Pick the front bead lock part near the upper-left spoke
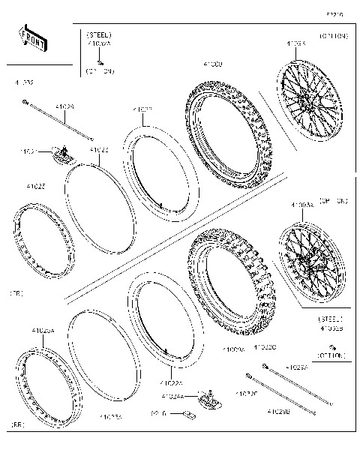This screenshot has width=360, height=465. (x=62, y=155)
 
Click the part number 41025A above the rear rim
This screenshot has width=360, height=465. (x=43, y=331)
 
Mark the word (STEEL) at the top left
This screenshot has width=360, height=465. (x=99, y=35)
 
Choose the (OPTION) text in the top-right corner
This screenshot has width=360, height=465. (x=332, y=36)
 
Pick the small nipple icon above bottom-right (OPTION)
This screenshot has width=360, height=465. (x=331, y=346)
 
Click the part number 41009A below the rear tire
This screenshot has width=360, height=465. (x=234, y=349)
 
